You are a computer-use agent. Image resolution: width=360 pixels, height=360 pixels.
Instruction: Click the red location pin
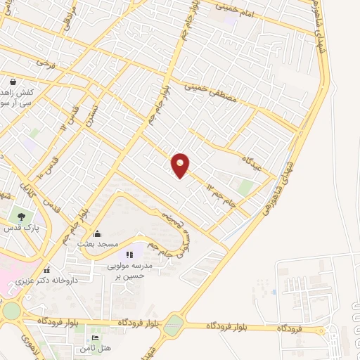181,165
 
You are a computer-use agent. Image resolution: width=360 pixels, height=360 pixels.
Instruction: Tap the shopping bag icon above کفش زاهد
13,82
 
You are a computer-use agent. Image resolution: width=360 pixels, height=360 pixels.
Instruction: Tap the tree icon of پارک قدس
21,217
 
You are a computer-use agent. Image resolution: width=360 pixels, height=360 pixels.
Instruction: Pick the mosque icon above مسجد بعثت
98,233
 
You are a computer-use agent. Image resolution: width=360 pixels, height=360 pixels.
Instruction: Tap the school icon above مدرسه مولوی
129,255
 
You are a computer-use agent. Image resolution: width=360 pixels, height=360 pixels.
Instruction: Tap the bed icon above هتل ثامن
96,338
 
